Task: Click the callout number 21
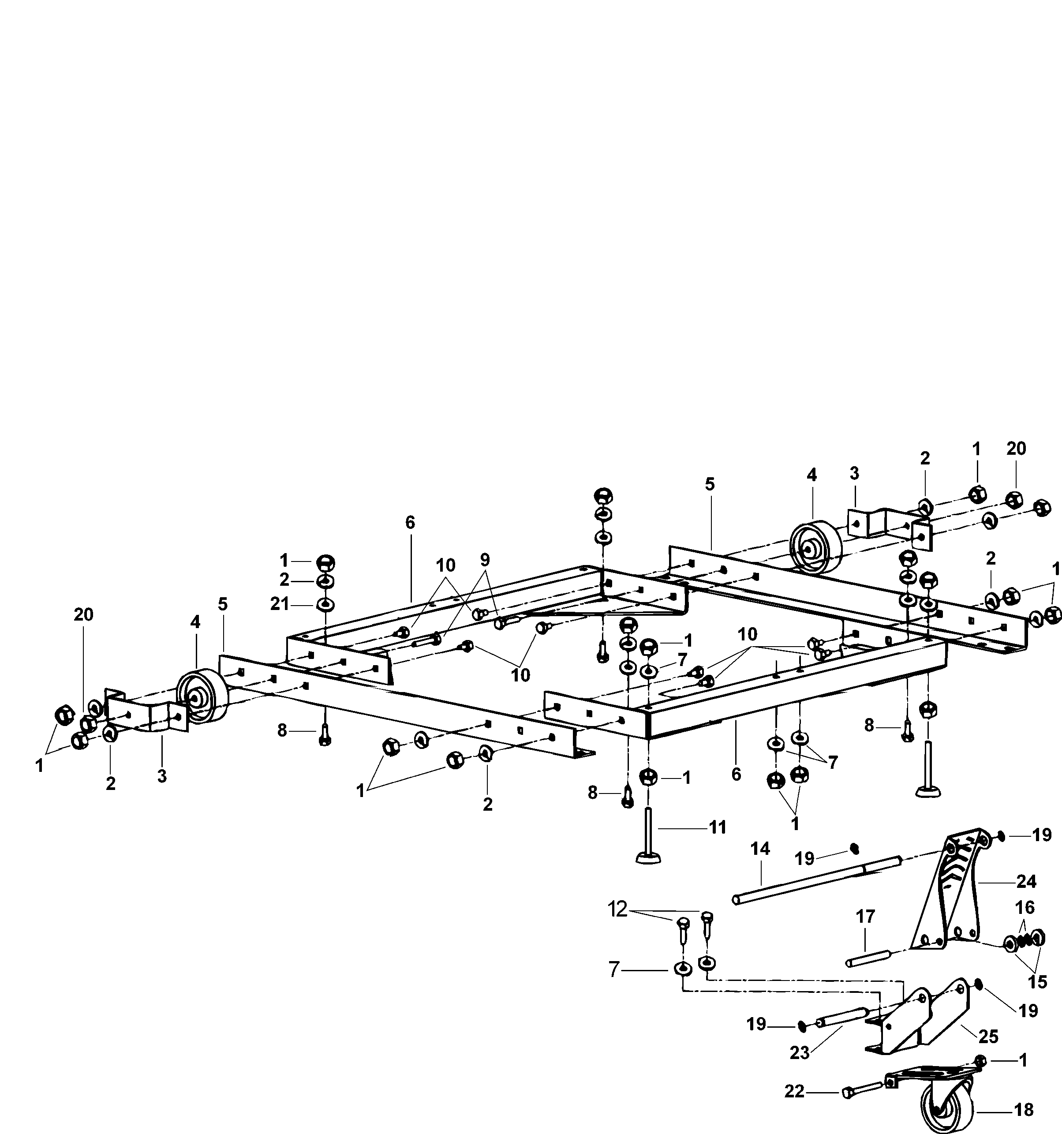(x=280, y=604)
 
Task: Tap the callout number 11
(x=717, y=827)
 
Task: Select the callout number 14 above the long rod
(x=760, y=850)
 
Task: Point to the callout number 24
(x=1026, y=882)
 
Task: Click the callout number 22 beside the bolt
(x=794, y=1091)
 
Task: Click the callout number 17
(x=865, y=917)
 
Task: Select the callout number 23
(x=800, y=1053)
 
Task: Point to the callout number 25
(x=988, y=1036)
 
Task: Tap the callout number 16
(x=1025, y=907)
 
